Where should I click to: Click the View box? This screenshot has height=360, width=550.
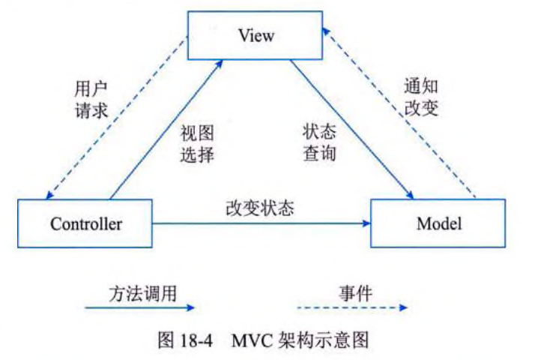point(256,34)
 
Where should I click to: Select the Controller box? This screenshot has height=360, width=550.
point(86,223)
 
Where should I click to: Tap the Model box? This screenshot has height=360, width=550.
point(439,223)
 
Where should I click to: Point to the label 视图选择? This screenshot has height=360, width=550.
point(197,144)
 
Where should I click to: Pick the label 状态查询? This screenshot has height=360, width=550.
point(319,142)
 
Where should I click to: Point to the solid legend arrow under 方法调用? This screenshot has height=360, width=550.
point(140,307)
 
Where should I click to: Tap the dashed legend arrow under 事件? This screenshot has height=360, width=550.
point(348,307)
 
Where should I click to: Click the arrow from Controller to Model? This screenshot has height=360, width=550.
point(262,223)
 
